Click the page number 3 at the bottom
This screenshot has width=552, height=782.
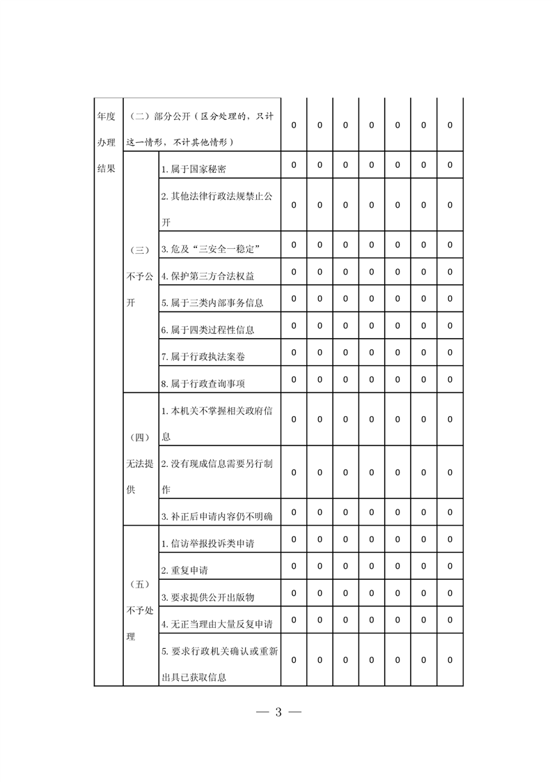[278, 712]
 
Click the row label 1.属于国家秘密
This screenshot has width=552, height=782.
[193, 169]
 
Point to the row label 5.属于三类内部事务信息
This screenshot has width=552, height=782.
[212, 302]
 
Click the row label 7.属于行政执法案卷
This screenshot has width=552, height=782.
[203, 356]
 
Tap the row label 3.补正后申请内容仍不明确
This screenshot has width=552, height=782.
[216, 516]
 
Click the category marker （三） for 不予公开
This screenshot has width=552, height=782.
[140, 250]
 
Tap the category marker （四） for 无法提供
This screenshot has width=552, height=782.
[140, 438]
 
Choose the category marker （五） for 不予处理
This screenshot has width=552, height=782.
[140, 585]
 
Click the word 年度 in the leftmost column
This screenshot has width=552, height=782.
[106, 116]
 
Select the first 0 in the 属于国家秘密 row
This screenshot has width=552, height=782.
[294, 165]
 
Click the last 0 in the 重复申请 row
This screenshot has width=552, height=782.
[450, 566]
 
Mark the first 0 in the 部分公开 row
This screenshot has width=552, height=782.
[294, 125]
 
